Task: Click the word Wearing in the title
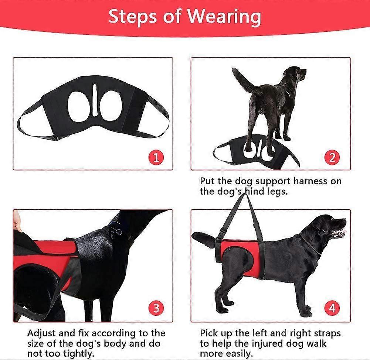click(x=224, y=17)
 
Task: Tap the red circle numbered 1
click(x=156, y=157)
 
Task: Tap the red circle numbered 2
click(x=332, y=157)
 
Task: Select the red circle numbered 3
click(x=156, y=308)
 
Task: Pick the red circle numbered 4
click(x=332, y=308)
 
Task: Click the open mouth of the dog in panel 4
click(x=339, y=232)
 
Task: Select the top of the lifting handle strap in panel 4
click(x=244, y=195)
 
